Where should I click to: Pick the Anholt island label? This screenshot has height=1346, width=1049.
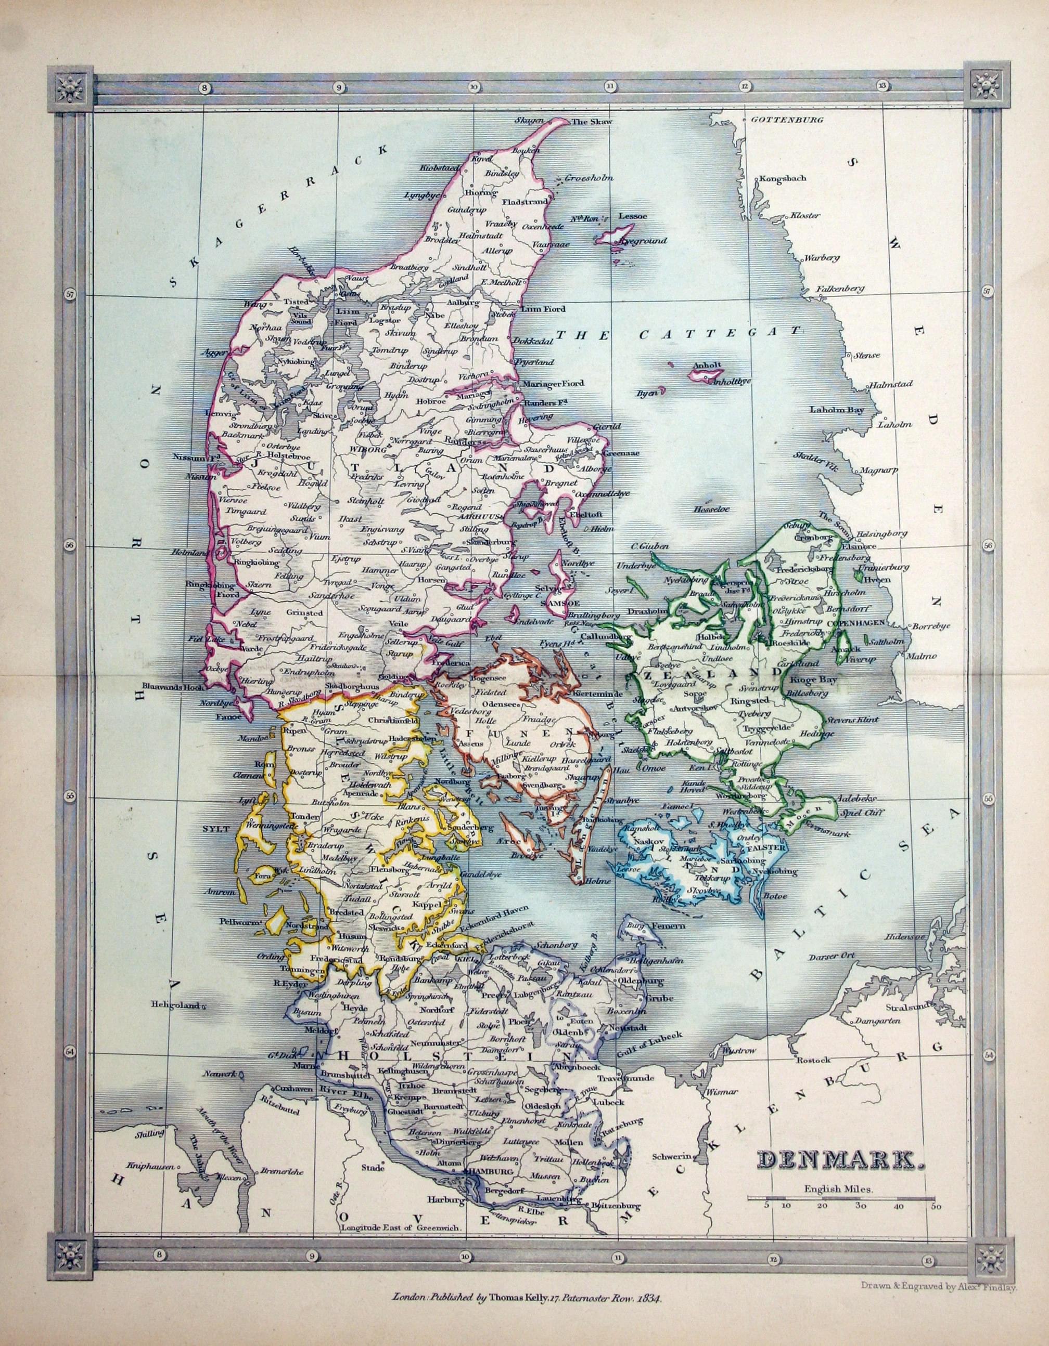coord(703,365)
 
